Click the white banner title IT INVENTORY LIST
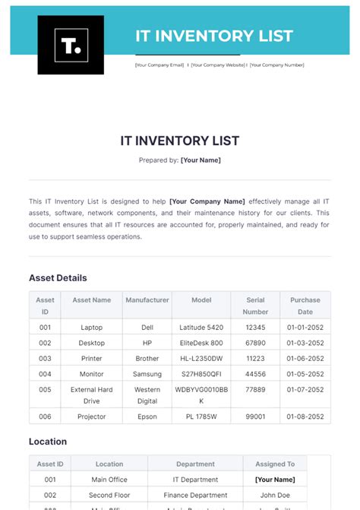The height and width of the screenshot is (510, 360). tap(213, 36)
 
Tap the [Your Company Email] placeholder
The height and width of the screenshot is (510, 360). tap(159, 65)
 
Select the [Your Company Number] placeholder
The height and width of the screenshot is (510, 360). tap(276, 65)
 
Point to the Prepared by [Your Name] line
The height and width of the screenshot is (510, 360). tap(180, 160)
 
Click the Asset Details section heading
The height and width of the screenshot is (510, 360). tap(58, 278)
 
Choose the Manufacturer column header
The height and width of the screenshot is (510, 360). tap(147, 300)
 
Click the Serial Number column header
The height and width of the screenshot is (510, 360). tap(255, 306)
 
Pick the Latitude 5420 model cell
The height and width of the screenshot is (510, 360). tap(201, 328)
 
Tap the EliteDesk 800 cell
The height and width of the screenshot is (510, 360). tap(201, 343)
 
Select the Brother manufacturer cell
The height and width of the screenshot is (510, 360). tap(147, 359)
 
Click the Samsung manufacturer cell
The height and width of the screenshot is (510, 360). tap(147, 374)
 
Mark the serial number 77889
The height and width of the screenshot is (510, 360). tap(255, 390)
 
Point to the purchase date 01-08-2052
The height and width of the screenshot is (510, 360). tap(305, 417)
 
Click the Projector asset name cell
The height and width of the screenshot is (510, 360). tap(91, 417)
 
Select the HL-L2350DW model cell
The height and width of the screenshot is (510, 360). tap(201, 359)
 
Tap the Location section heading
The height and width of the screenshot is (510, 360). tap(48, 442)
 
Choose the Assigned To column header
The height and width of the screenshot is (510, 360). tap(275, 464)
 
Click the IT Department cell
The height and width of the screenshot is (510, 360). tap(195, 480)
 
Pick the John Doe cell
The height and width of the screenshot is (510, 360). tap(275, 495)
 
